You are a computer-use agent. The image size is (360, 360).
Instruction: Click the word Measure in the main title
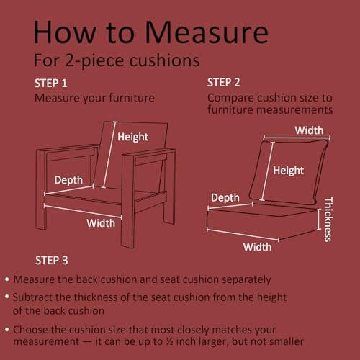click(207, 32)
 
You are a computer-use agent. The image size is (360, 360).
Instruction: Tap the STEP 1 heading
click(50, 84)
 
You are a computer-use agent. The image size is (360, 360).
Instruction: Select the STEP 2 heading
click(223, 83)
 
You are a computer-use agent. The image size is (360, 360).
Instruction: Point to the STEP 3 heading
click(52, 261)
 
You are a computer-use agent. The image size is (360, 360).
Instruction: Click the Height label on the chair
click(132, 138)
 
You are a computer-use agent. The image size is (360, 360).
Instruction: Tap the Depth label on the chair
click(68, 180)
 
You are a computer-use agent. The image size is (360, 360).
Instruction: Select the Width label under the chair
click(101, 223)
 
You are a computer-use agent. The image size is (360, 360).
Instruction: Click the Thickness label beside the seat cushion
click(328, 219)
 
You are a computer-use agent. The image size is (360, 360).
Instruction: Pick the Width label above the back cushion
click(309, 130)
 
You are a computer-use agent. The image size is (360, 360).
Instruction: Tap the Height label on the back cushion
click(289, 171)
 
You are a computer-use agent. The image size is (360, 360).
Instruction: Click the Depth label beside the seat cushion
click(225, 198)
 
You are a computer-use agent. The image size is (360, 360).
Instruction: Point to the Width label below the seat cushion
click(257, 247)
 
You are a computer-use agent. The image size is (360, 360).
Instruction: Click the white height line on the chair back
click(109, 155)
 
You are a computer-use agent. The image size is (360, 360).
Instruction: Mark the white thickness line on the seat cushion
click(319, 220)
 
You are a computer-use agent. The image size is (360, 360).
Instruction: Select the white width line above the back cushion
click(297, 138)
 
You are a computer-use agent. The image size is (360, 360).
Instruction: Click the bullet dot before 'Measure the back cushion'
click(7, 279)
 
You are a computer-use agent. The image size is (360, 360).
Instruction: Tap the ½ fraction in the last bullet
click(169, 341)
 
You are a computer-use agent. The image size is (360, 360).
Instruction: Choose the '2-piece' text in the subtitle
click(95, 60)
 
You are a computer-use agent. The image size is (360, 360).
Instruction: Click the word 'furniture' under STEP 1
click(132, 98)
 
